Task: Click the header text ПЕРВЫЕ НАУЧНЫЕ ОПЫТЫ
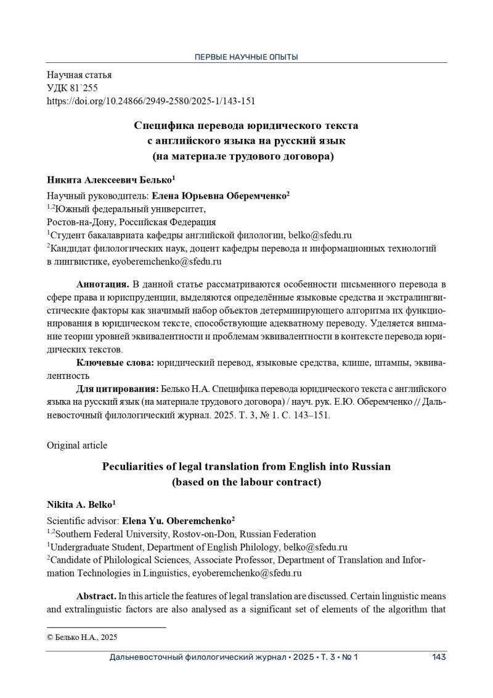246,57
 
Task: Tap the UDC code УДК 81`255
72,88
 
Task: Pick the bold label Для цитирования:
117,389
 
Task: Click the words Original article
77,445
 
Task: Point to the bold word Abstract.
96,597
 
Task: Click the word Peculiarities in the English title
134,467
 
